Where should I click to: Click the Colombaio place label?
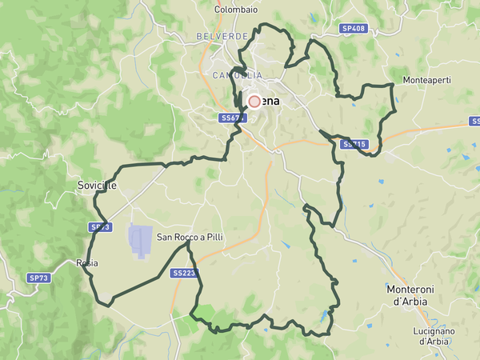(x=234, y=10)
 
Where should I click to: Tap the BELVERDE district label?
(x=222, y=37)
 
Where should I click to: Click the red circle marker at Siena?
(x=254, y=102)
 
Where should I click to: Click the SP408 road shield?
(x=353, y=28)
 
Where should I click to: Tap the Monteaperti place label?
(x=427, y=81)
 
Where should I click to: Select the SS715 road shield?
(x=353, y=145)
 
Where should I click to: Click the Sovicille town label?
(x=97, y=185)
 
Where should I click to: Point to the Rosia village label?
(x=86, y=262)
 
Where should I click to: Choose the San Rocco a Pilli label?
(x=190, y=237)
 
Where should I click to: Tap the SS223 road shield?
(x=183, y=273)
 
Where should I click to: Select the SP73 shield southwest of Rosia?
(x=38, y=278)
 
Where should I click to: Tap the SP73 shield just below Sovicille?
(x=98, y=227)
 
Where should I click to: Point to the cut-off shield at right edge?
(x=475, y=122)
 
